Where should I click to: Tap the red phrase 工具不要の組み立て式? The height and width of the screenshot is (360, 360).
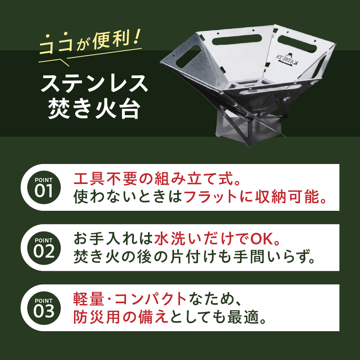(152, 178)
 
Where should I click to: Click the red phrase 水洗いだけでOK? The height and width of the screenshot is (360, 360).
(216, 238)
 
